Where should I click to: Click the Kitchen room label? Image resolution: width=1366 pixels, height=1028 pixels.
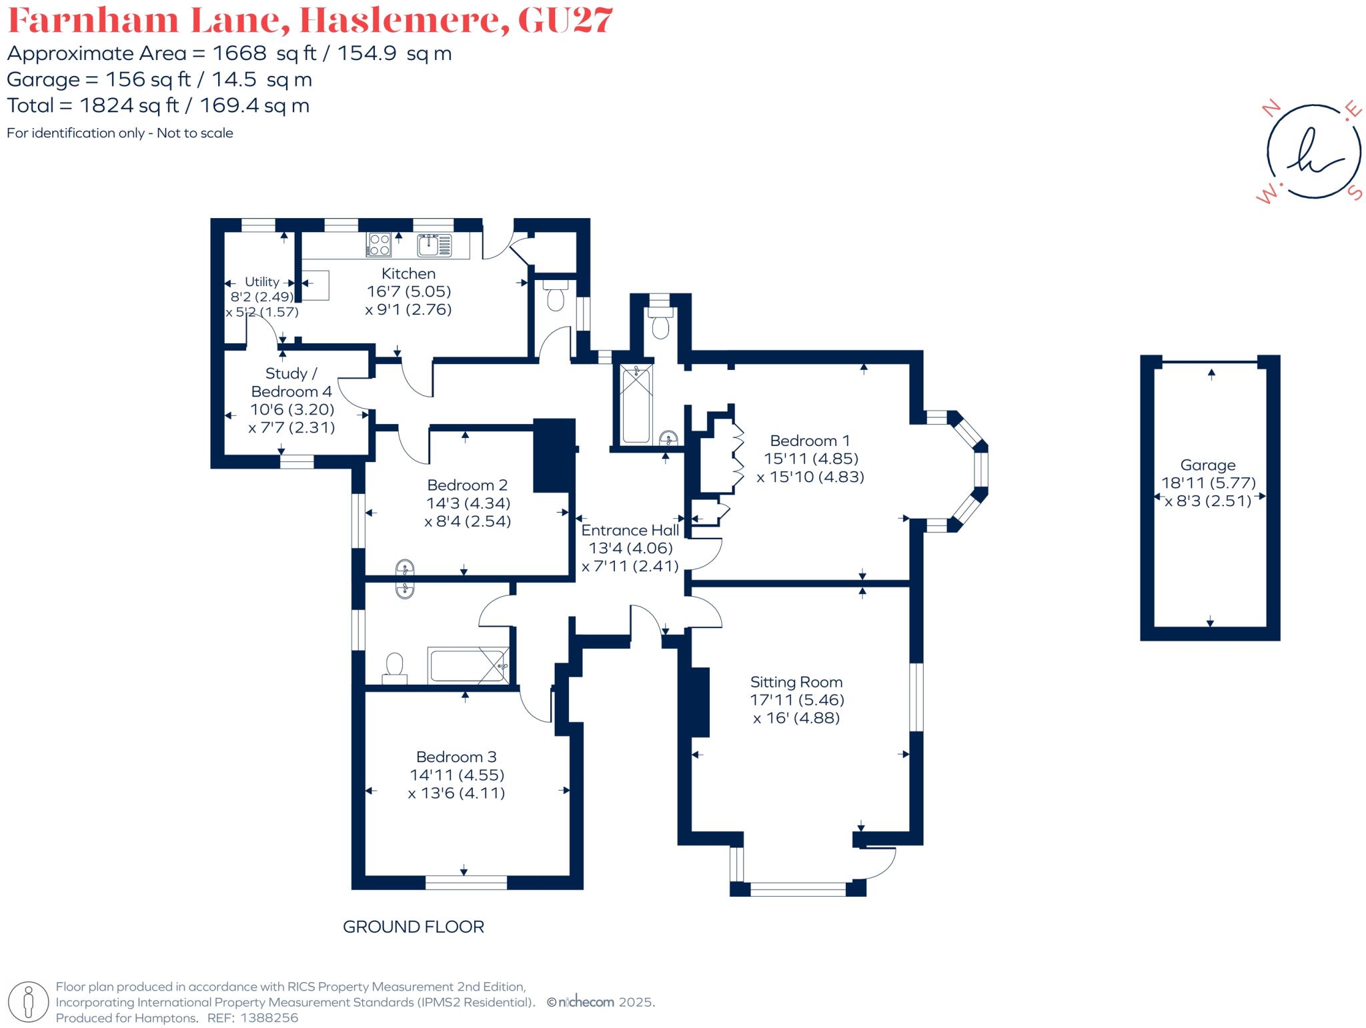point(408,273)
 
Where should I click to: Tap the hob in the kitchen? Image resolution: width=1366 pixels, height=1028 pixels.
point(379,244)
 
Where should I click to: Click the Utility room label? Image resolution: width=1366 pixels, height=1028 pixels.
point(261,282)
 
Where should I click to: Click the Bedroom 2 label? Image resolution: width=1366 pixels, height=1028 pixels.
point(467,485)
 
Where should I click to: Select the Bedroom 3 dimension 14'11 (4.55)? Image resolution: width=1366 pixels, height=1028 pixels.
point(457,775)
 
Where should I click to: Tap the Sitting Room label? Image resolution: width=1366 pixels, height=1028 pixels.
point(796,682)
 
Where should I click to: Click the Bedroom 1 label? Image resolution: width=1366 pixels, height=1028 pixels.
point(810,441)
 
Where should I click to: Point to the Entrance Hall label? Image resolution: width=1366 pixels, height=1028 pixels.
point(630,530)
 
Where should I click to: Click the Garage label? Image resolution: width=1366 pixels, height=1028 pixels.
point(1207,465)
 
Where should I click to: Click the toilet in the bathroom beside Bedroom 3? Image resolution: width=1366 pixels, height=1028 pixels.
point(394,665)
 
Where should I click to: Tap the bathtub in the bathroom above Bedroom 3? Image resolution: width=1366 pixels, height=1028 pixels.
point(468,665)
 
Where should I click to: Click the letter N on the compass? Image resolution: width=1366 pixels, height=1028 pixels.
point(1273,108)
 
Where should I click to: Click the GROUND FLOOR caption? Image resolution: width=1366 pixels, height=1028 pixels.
point(413,927)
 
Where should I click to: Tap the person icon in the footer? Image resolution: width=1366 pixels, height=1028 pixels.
point(28,1002)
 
